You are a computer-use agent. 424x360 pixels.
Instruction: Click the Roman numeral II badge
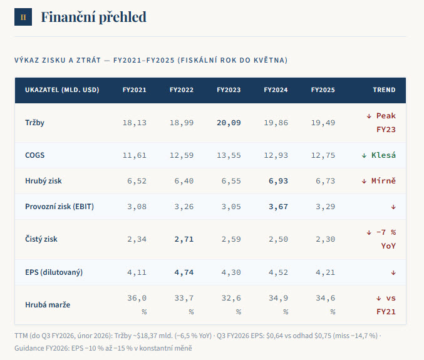[x=23, y=17]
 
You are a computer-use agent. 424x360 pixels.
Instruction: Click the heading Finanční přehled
[x=93, y=17]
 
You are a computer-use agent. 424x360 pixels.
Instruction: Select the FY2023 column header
[x=229, y=90]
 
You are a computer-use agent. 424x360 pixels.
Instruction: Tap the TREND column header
[x=384, y=90]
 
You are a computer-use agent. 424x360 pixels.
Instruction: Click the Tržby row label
[x=34, y=123]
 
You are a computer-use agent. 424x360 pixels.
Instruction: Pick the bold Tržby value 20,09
[x=229, y=123]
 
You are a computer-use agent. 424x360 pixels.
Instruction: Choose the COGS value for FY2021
[x=135, y=155]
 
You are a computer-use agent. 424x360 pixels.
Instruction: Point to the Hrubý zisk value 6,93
[x=278, y=181]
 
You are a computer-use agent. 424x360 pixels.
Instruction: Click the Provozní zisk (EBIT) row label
[x=59, y=207]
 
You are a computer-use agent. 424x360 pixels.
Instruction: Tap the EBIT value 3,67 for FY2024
[x=278, y=207]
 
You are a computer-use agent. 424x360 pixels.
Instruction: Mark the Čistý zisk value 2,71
[x=184, y=239]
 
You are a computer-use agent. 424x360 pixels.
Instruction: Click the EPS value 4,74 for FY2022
[x=184, y=272]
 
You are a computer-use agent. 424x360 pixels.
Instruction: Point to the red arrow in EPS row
[x=393, y=273]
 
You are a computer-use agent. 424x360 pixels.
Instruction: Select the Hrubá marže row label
[x=48, y=305]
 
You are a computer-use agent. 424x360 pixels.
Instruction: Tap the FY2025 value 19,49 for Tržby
[x=323, y=123]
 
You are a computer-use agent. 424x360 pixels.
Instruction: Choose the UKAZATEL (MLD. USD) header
[x=62, y=90]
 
